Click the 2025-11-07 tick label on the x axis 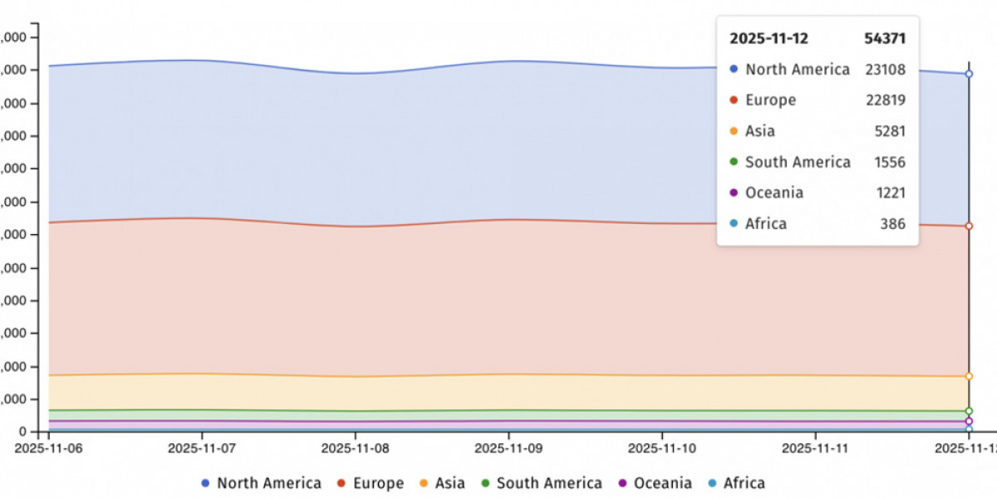click(x=202, y=448)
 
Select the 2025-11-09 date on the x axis click(x=508, y=448)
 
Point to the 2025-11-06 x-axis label click(x=49, y=448)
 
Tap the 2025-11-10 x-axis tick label click(x=662, y=448)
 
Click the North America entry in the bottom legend click(x=261, y=483)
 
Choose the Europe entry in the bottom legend click(x=370, y=483)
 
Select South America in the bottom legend click(x=541, y=483)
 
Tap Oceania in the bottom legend click(x=654, y=483)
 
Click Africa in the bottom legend click(x=735, y=483)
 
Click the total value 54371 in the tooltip click(x=885, y=38)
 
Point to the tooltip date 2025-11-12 click(x=769, y=38)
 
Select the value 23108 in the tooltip click(x=885, y=70)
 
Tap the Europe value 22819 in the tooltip click(x=885, y=100)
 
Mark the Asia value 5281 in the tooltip click(x=889, y=131)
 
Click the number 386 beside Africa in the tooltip click(x=893, y=223)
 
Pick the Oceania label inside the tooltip click(x=774, y=193)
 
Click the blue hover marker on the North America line click(x=969, y=74)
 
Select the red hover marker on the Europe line click(x=969, y=226)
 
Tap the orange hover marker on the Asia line click(x=969, y=377)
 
